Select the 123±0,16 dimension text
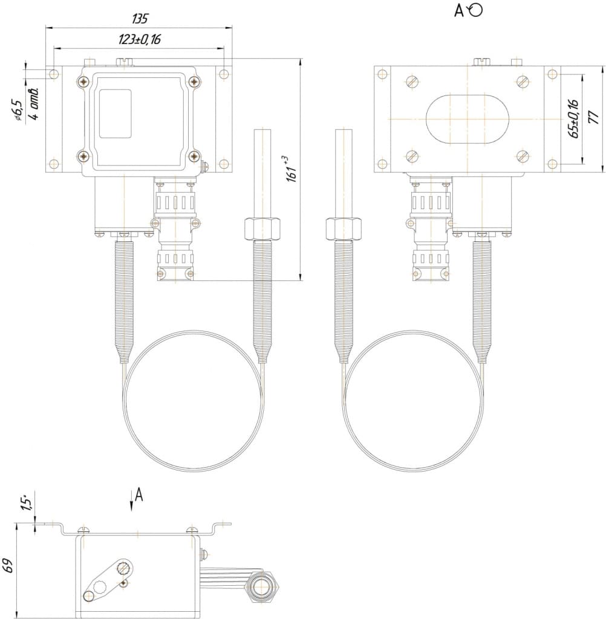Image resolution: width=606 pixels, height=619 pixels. [140, 39]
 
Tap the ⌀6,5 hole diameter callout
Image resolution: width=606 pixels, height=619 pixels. [19, 110]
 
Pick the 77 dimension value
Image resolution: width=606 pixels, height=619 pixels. [594, 117]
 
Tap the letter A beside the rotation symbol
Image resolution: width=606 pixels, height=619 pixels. [458, 11]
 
